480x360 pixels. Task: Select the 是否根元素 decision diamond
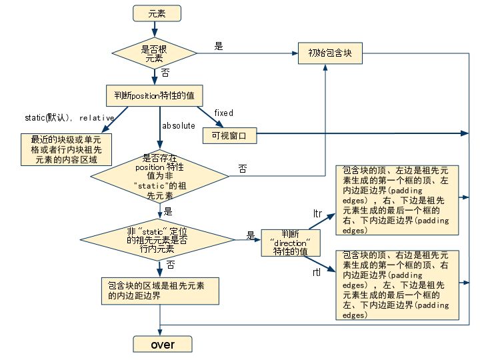click(154, 53)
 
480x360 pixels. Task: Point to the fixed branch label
click(223, 113)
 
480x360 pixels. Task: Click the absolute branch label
click(179, 125)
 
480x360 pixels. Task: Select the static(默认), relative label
click(69, 118)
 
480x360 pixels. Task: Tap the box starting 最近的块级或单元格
click(66, 149)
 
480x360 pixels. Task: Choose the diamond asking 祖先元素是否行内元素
click(159, 239)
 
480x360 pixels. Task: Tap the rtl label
click(317, 273)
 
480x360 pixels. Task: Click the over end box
click(163, 344)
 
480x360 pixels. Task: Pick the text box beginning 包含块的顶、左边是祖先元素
click(396, 199)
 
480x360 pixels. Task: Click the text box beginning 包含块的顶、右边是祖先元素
click(396, 283)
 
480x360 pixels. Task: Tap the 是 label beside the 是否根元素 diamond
click(218, 46)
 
